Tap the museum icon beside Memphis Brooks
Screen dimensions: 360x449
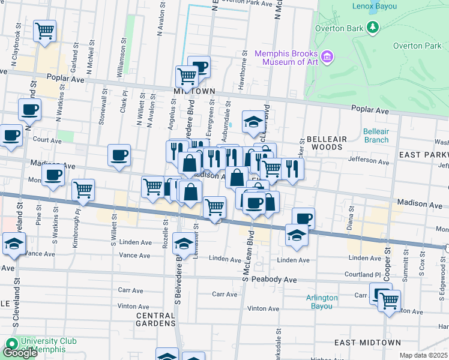tap(327, 57)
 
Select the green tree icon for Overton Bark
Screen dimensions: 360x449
tap(373, 28)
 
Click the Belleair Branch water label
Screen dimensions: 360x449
tap(376, 136)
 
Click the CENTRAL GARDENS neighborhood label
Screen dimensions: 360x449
tap(155, 319)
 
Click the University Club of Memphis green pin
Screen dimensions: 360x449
tap(11, 345)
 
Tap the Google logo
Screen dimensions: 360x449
tap(19, 353)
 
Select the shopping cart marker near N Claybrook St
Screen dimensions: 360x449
tap(45, 31)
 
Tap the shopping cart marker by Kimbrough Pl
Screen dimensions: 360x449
tap(83, 190)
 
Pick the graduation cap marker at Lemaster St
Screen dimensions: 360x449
tap(184, 243)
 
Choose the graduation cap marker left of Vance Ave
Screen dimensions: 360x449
tap(13, 244)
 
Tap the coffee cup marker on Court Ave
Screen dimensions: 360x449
tap(10, 136)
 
